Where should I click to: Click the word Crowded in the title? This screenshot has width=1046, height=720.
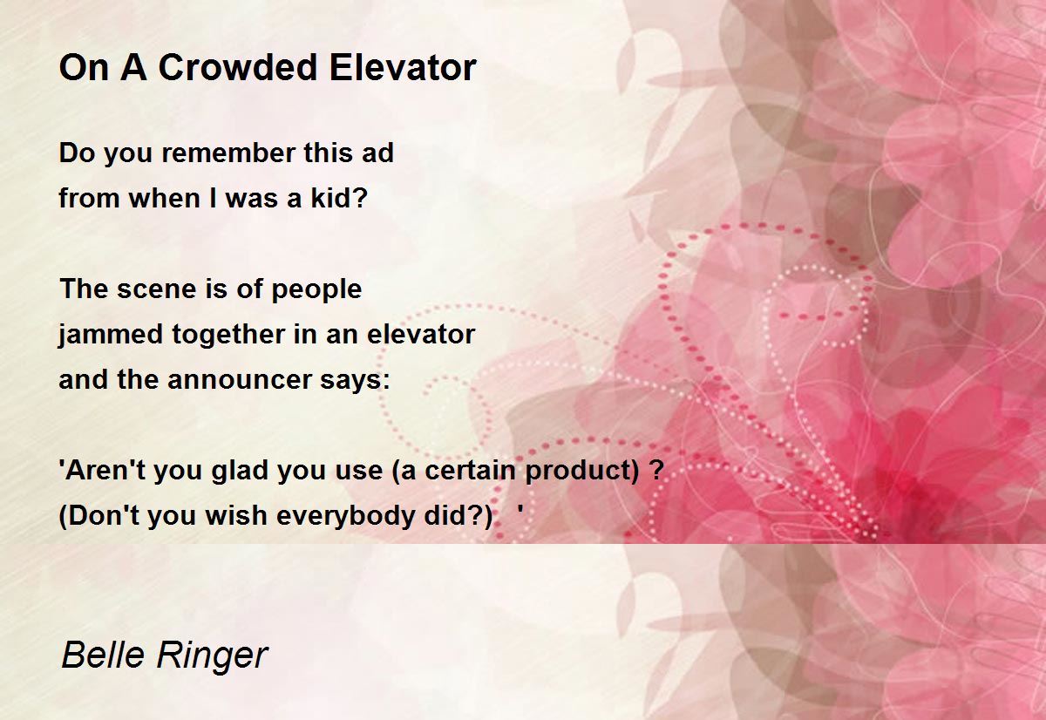238,67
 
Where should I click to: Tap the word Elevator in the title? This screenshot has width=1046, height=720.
403,67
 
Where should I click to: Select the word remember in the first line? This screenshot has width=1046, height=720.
228,153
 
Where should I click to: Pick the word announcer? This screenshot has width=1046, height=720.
239,379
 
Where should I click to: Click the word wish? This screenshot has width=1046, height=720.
236,515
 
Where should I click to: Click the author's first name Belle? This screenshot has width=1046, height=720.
103,655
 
